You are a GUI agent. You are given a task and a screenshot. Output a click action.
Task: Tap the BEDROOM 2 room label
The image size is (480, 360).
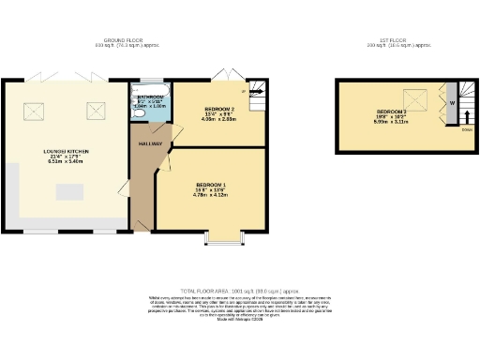click(x=219, y=109)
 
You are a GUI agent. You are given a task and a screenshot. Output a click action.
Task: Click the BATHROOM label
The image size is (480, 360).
click(x=151, y=97)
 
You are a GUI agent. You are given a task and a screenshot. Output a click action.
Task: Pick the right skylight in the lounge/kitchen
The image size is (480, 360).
click(x=95, y=111)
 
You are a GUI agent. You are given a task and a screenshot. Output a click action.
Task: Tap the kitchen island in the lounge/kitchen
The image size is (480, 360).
click(x=68, y=192)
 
